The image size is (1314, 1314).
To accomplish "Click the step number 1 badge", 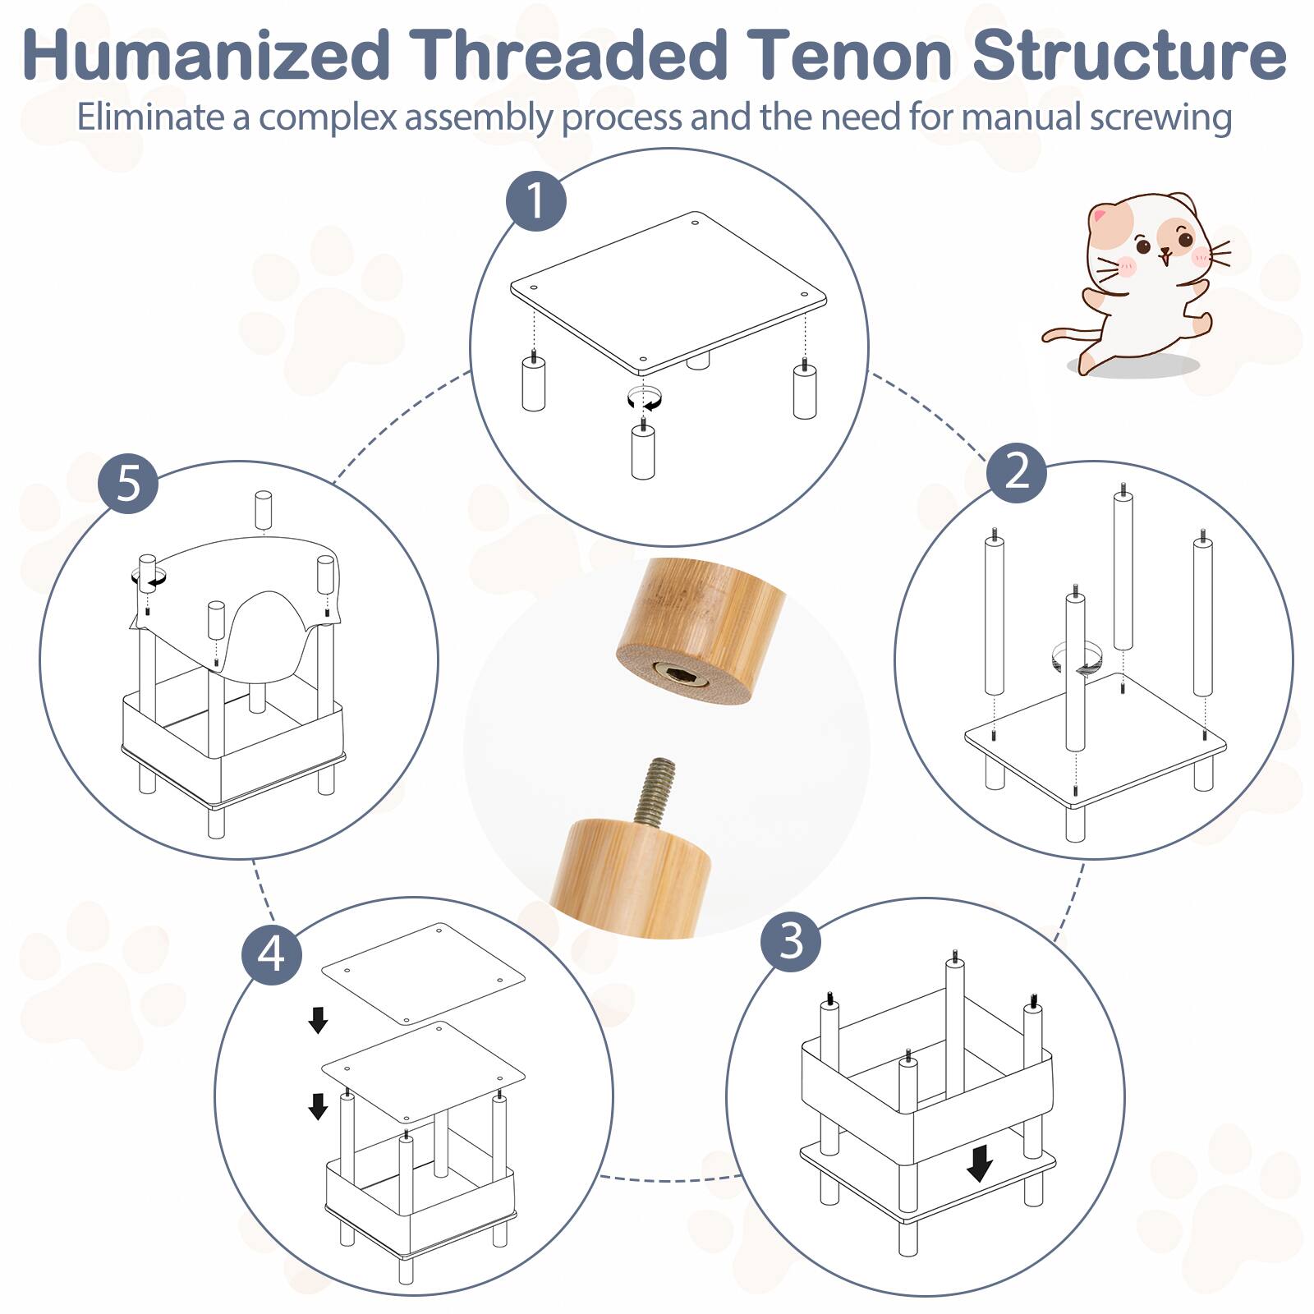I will coord(535,200).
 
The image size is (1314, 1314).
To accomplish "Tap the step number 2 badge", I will coord(1016,471).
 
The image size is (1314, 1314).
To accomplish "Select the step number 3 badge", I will coord(790,941).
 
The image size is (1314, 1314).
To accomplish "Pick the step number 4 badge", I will coord(272,955).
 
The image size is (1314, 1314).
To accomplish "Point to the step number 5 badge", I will coord(128,483).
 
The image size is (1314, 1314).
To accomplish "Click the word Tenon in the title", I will coord(852,56).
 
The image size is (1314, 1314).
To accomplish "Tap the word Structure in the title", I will coord(1130,56).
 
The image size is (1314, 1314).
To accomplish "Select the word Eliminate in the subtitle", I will coord(151,117).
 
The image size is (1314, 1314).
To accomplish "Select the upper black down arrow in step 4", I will coord(318,1020).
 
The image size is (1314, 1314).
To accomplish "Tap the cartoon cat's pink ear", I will coord(1101,217).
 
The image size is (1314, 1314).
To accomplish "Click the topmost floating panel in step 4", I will coord(423,973).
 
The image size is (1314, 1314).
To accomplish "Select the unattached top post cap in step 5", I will coord(263,510).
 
